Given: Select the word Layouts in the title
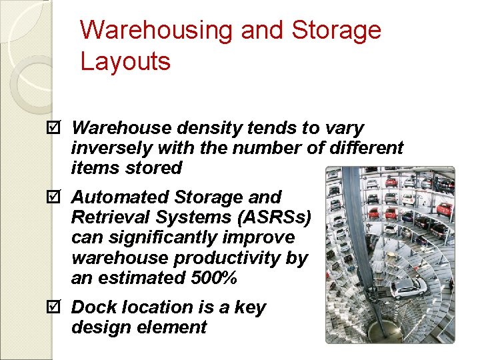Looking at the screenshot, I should pos(125,62).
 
